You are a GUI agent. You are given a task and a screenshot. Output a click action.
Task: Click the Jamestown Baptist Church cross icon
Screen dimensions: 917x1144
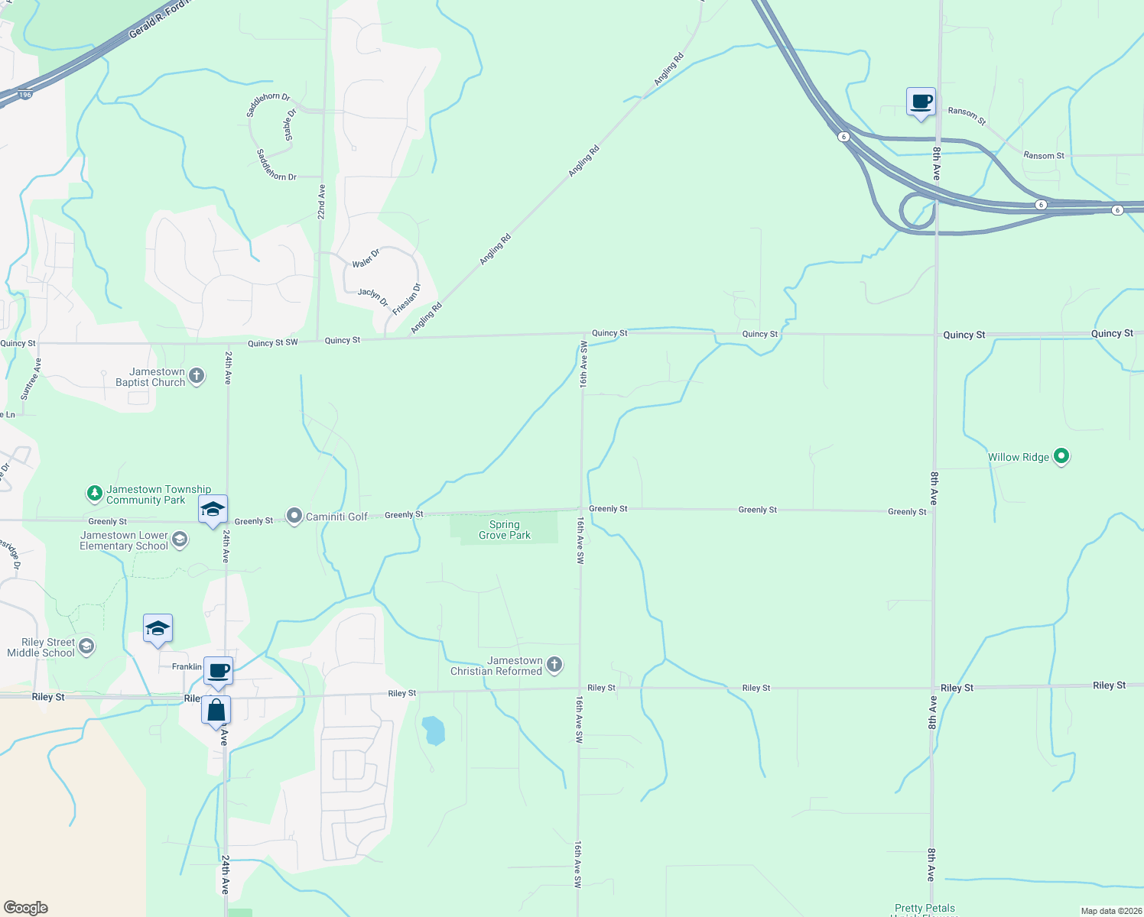[197, 376]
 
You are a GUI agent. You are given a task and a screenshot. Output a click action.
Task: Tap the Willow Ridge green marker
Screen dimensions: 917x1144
[1061, 456]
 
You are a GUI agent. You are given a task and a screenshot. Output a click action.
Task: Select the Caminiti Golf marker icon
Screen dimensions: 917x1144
[294, 517]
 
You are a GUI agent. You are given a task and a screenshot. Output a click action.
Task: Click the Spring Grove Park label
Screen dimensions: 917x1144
[505, 530]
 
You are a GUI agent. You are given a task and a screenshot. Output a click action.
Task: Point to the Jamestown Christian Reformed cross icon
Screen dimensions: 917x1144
[554, 665]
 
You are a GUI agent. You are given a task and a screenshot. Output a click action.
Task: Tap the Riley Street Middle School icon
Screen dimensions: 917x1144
[86, 647]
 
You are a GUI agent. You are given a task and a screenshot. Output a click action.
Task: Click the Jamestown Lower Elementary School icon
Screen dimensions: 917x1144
[180, 540]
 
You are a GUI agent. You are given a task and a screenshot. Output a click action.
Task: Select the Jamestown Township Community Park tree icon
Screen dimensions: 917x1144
[94, 494]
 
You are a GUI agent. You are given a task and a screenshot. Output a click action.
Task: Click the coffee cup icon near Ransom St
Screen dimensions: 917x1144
[921, 102]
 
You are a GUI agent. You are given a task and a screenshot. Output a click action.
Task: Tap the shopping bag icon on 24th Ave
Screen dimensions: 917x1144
[216, 711]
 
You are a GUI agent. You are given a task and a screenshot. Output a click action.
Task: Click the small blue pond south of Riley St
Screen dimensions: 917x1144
[433, 731]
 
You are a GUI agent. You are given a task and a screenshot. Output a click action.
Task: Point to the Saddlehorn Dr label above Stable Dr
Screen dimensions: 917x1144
[268, 105]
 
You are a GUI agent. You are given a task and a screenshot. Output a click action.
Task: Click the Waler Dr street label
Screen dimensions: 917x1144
[366, 258]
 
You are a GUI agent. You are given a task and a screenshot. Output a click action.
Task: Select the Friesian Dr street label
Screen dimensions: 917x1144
[406, 299]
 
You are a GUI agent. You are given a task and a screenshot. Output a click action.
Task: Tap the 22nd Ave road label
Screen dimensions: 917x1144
[322, 202]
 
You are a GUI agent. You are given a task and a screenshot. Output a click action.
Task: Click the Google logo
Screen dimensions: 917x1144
[26, 907]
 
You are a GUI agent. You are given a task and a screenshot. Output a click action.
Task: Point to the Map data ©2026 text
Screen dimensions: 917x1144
[1110, 911]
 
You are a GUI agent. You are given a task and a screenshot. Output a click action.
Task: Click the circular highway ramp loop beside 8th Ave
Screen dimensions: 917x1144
[917, 211]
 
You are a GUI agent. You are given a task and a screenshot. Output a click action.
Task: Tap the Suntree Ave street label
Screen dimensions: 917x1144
[31, 379]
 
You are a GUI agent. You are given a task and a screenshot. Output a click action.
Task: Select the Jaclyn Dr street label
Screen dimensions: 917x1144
[373, 296]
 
